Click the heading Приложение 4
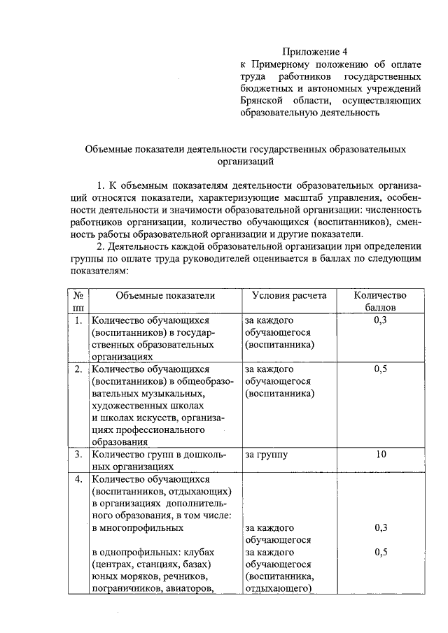pos(314,51)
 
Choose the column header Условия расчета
pos(289,295)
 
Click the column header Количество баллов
pos(380,301)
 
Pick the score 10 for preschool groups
pos(381,455)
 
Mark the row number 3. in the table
pos(79,455)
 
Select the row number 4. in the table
pos(79,480)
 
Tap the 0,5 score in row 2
pos(381,369)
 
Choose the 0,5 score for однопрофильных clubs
pos(381,552)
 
